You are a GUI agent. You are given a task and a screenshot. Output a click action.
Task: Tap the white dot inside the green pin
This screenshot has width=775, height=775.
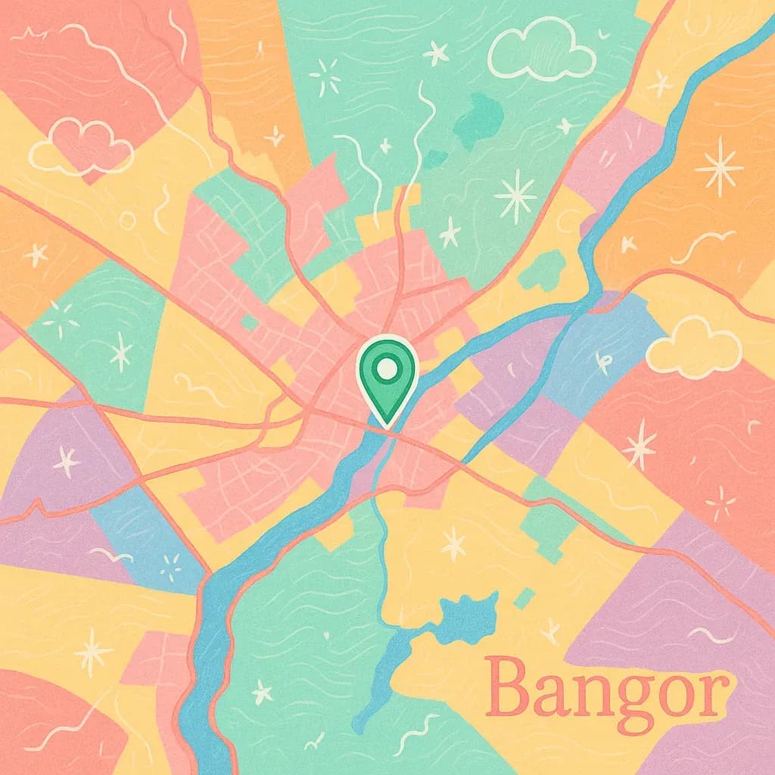[x=387, y=369]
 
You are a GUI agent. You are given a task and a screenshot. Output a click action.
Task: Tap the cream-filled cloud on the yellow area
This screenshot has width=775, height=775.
[x=693, y=348]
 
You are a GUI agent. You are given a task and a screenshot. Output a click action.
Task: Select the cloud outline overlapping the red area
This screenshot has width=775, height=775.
[x=79, y=147]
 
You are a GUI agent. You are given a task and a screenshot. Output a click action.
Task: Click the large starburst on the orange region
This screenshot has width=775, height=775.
[x=718, y=167]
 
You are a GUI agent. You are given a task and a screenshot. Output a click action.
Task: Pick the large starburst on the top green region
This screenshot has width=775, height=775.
[x=517, y=195]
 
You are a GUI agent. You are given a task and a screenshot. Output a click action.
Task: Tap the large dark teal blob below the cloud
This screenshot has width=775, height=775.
[x=479, y=118]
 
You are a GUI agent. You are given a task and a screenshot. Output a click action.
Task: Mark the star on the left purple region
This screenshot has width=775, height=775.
[x=67, y=460]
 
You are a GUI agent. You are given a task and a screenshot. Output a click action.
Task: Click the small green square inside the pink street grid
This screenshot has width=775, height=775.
[x=250, y=322]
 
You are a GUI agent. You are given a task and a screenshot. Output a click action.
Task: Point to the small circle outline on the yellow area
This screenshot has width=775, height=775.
[x=128, y=220]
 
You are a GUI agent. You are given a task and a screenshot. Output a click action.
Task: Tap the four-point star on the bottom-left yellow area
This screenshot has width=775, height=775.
[x=93, y=650]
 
